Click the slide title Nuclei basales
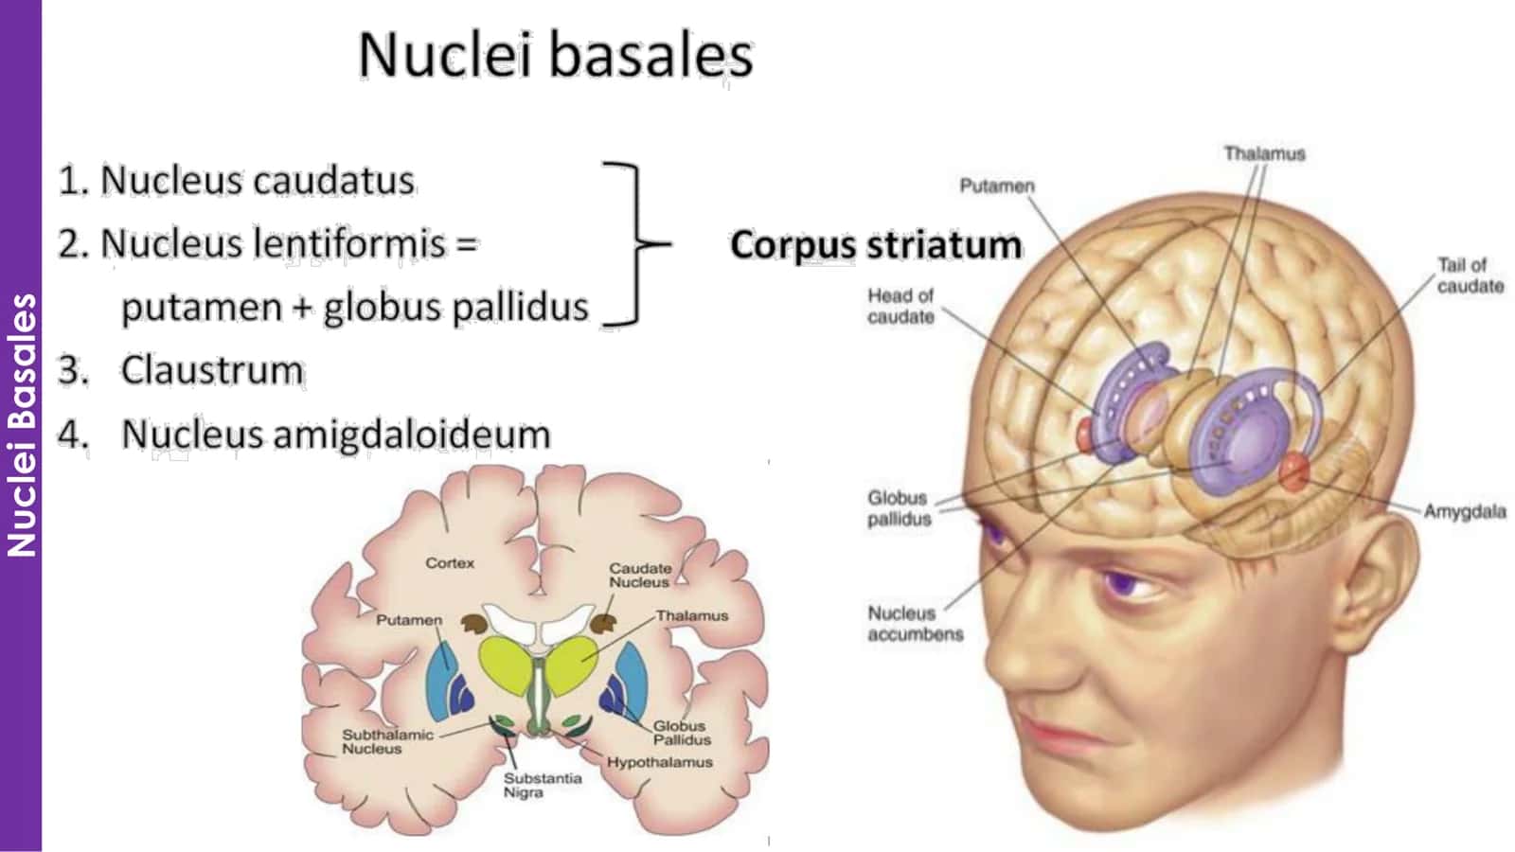pyautogui.click(x=555, y=55)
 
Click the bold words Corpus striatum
pyautogui.click(x=876, y=244)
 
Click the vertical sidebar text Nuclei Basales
pyautogui.click(x=21, y=425)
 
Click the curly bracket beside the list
pyautogui.click(x=635, y=244)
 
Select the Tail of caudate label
pyautogui.click(x=1470, y=275)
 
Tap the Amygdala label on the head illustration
pyautogui.click(x=1465, y=512)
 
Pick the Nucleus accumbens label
pyautogui.click(x=915, y=624)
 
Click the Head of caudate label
pyautogui.click(x=900, y=306)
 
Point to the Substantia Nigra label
pyautogui.click(x=543, y=785)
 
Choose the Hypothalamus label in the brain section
pyautogui.click(x=659, y=762)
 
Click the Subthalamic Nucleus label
pyautogui.click(x=387, y=742)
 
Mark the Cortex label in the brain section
pyautogui.click(x=450, y=562)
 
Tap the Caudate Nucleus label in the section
pyautogui.click(x=640, y=576)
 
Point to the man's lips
pyautogui.click(x=1055, y=735)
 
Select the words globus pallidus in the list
pyautogui.click(x=455, y=308)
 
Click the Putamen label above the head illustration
pyautogui.click(x=997, y=186)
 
